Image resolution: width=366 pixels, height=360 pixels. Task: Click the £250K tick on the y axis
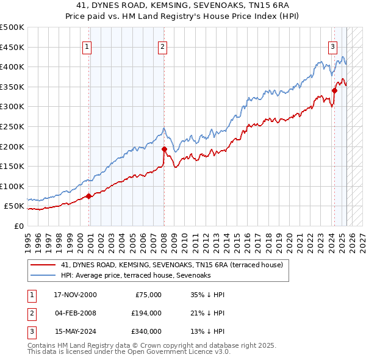(12, 126)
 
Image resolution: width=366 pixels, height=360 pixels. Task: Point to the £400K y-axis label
(12, 67)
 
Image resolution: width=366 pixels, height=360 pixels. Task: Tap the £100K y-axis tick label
(12, 186)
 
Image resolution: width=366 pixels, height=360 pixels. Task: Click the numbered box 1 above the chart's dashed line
(87, 46)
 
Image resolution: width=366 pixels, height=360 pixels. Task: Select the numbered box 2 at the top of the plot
(163, 46)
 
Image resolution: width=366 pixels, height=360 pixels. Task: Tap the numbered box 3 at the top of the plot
(333, 46)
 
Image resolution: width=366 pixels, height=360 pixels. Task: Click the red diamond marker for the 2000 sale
(88, 196)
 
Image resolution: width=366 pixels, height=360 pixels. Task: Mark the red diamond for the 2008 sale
(164, 148)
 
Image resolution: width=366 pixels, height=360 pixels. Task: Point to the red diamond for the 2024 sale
(334, 90)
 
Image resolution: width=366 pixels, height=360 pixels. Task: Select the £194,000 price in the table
(146, 313)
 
